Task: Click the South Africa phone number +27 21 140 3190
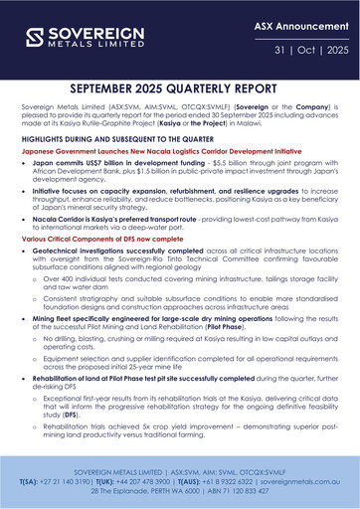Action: point(59,479)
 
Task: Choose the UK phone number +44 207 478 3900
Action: point(141,479)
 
